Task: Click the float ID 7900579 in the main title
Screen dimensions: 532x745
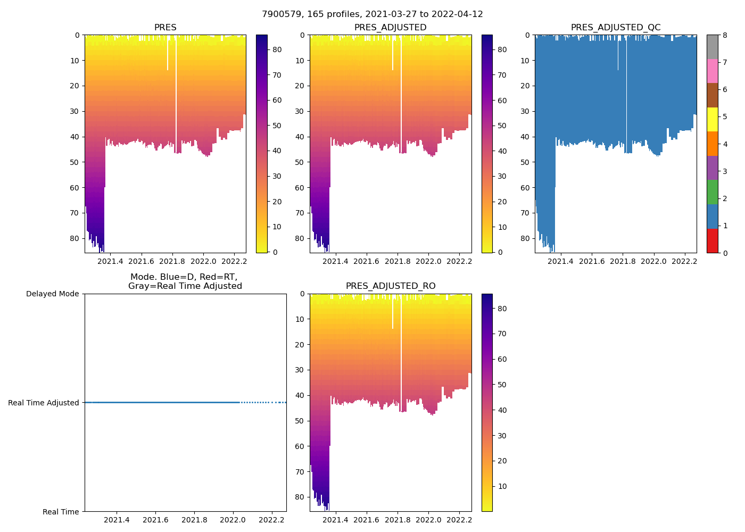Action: pos(280,14)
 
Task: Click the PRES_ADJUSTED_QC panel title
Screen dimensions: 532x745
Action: pos(616,28)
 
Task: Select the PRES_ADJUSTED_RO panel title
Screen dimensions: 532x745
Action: pos(391,286)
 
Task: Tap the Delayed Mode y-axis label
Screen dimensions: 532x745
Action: pos(52,294)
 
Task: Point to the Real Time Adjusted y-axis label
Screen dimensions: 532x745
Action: pos(44,403)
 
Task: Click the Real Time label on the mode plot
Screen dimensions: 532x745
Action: pos(61,512)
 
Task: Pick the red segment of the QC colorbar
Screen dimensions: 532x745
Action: pos(712,240)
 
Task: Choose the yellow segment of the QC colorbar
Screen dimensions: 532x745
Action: pos(712,120)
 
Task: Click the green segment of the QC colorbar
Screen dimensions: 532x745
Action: pos(712,192)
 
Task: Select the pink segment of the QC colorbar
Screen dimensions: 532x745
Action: pos(712,71)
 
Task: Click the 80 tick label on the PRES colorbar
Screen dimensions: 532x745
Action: pos(277,49)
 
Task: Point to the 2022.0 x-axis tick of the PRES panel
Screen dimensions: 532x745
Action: pos(203,261)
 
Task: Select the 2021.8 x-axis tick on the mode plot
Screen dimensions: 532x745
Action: pos(194,520)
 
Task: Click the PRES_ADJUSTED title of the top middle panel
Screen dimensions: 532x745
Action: pos(391,28)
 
